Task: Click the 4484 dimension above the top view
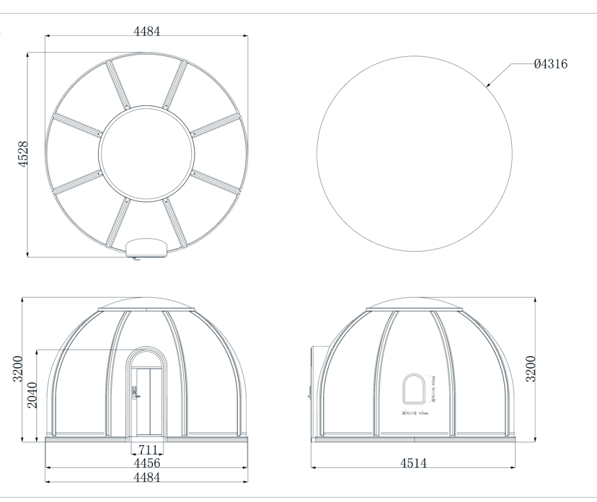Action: pos(146,31)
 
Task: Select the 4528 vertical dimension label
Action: pos(22,154)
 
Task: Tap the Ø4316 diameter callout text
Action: pos(550,64)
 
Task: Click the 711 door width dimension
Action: pos(147,451)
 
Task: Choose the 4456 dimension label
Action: pos(146,463)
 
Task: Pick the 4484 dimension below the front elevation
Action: pos(146,477)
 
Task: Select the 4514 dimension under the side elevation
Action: pos(412,463)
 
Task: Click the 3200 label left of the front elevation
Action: pos(17,369)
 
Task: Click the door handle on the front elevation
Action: pos(135,394)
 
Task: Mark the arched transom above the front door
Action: pos(146,358)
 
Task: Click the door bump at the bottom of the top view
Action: pos(146,248)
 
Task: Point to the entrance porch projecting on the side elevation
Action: pos(313,371)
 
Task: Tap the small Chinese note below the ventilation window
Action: pos(415,414)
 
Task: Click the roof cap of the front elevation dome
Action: pos(146,304)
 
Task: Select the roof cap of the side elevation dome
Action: pos(415,304)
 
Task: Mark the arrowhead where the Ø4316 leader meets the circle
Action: pos(487,85)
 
